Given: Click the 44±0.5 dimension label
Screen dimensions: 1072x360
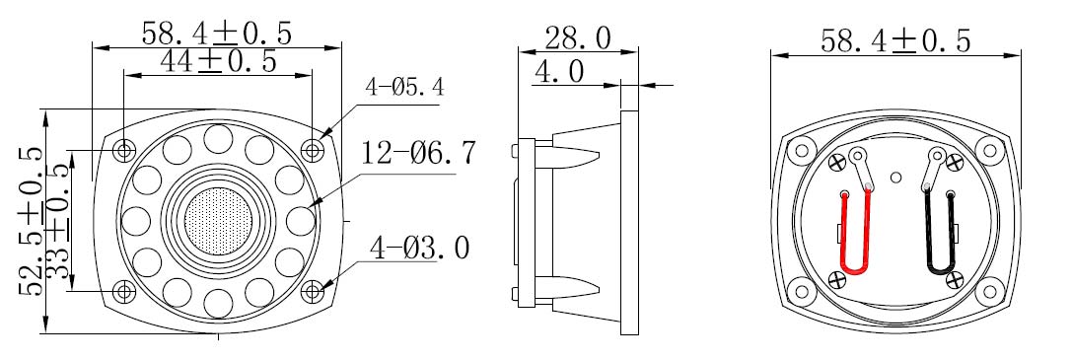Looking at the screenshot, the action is pyautogui.click(x=218, y=61).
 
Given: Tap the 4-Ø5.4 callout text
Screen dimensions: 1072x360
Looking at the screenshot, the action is pyautogui.click(x=404, y=88).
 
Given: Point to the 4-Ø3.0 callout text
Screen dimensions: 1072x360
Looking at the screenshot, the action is pyautogui.click(x=420, y=248).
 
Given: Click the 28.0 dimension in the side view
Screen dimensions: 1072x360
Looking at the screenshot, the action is pyautogui.click(x=578, y=38).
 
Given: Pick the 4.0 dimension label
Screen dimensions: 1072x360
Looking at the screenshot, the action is pyautogui.click(x=559, y=72).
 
